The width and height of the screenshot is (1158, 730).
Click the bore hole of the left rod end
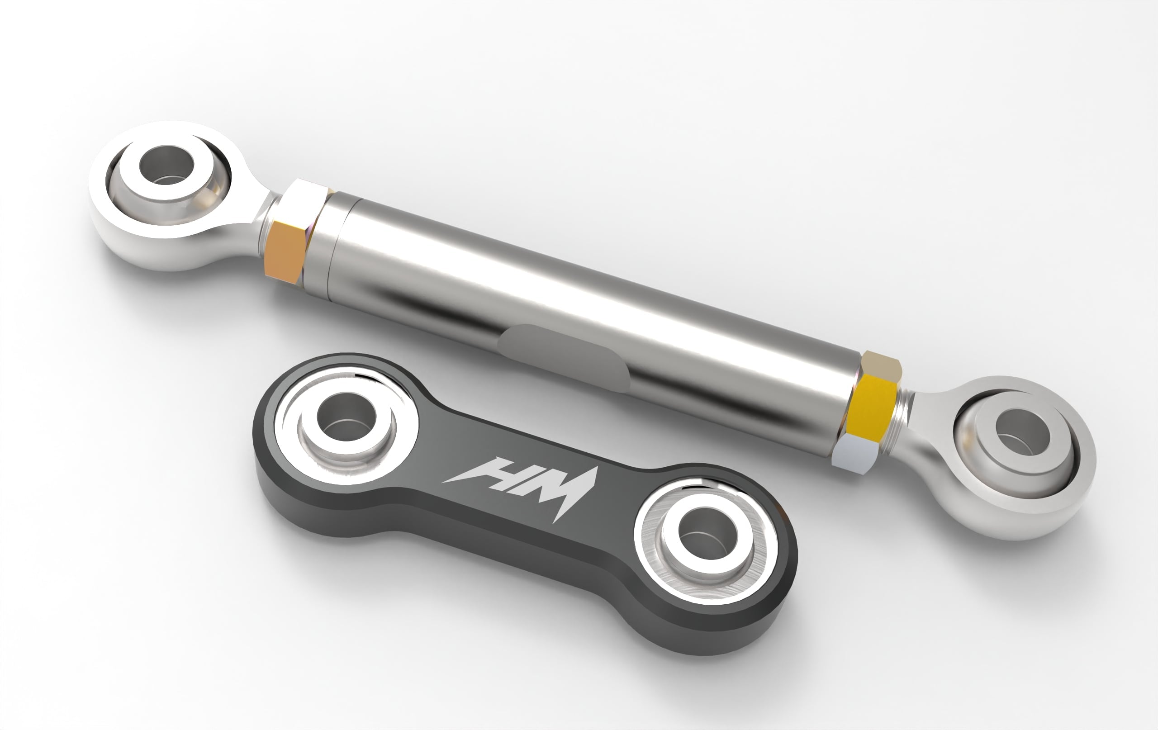click(166, 166)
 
